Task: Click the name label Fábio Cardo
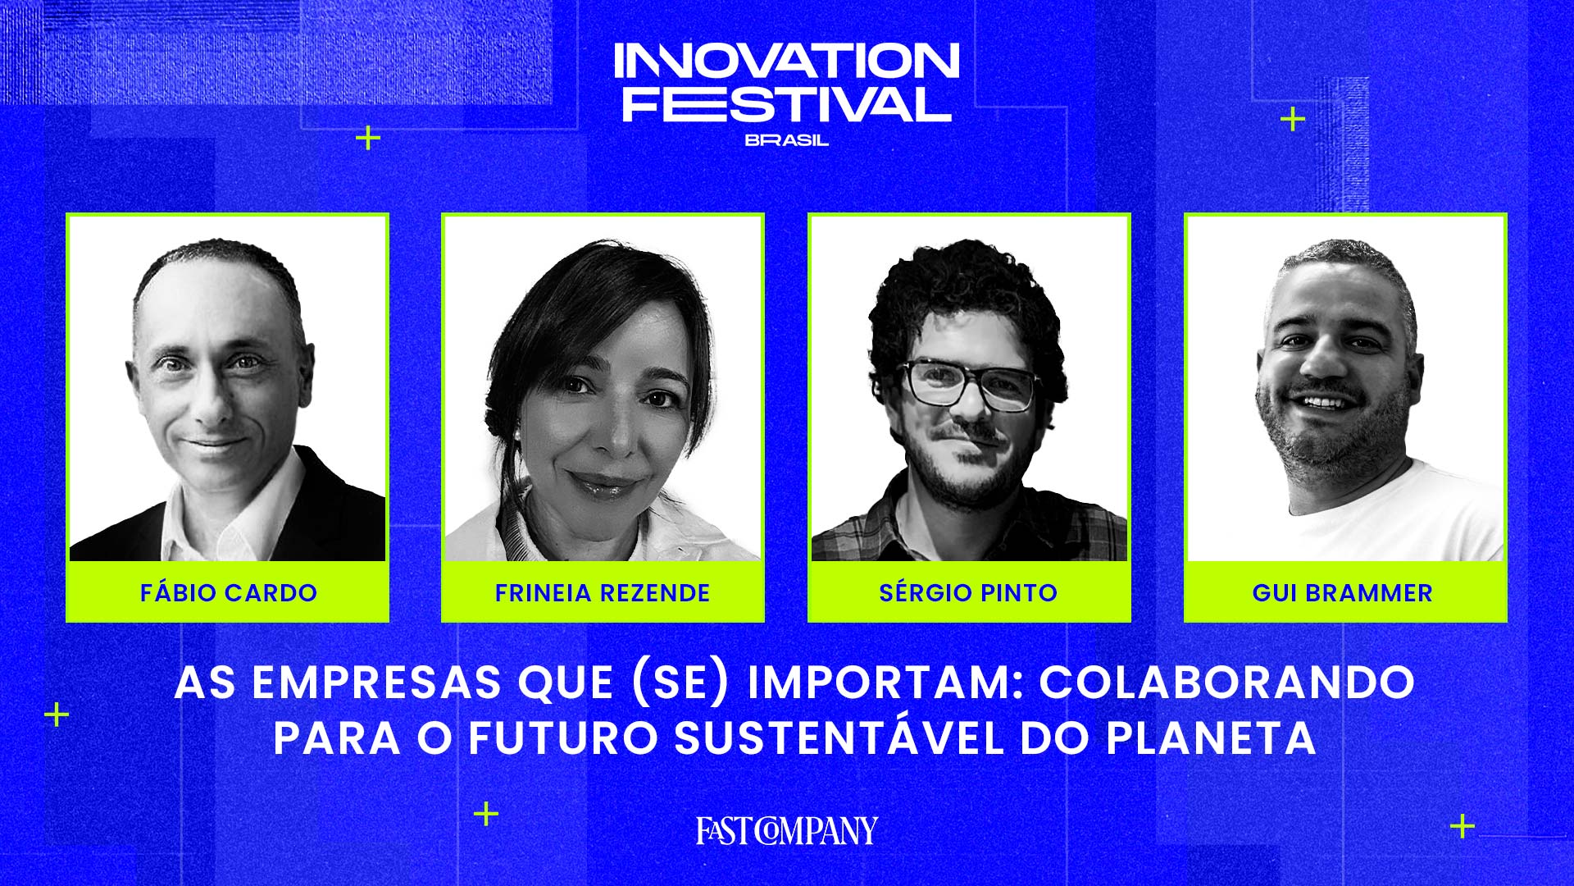pyautogui.click(x=228, y=592)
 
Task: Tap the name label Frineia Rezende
pyautogui.click(x=603, y=592)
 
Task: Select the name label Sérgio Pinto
pyautogui.click(x=968, y=592)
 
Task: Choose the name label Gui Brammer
pyautogui.click(x=1342, y=592)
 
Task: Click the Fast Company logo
pyautogui.click(x=787, y=830)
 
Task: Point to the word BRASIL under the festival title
pyautogui.click(x=787, y=140)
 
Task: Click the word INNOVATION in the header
pyautogui.click(x=787, y=61)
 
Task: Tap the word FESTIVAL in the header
pyautogui.click(x=787, y=103)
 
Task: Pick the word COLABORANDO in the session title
pyautogui.click(x=1227, y=682)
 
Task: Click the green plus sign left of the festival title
pyautogui.click(x=368, y=138)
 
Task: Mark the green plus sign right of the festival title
pyautogui.click(x=1293, y=121)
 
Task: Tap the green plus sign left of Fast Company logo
pyautogui.click(x=486, y=814)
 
